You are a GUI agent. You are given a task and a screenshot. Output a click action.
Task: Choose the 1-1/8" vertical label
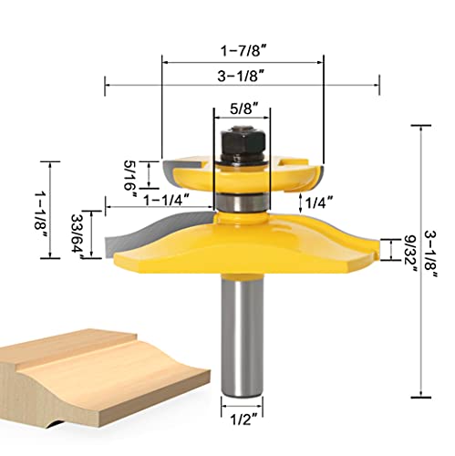coord(41,213)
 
